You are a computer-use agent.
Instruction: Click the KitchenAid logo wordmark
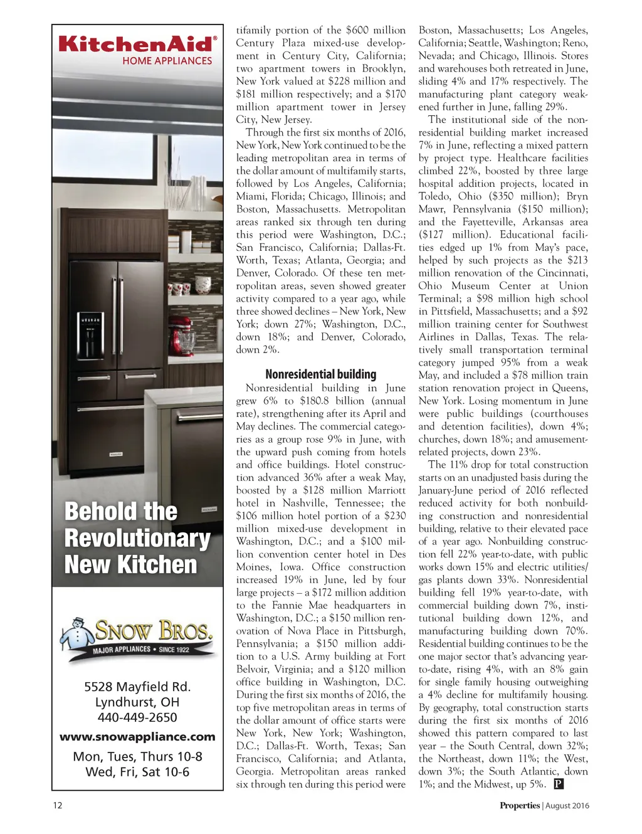pyautogui.click(x=137, y=44)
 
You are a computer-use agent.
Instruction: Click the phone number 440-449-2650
pyautogui.click(x=137, y=717)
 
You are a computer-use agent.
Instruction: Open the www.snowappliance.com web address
pyautogui.click(x=137, y=737)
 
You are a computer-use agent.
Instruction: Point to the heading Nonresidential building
pyautogui.click(x=320, y=374)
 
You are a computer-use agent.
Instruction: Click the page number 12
pyautogui.click(x=57, y=806)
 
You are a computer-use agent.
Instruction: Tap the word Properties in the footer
pyautogui.click(x=519, y=806)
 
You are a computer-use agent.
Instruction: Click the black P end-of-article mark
pyautogui.click(x=559, y=784)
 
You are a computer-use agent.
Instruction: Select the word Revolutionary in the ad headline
pyautogui.click(x=137, y=538)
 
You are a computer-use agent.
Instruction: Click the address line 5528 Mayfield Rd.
pyautogui.click(x=137, y=687)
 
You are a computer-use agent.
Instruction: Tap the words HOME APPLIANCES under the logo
pyautogui.click(x=167, y=61)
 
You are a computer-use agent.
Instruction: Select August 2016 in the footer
pyautogui.click(x=567, y=806)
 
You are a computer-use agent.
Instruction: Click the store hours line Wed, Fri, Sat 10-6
pyautogui.click(x=137, y=772)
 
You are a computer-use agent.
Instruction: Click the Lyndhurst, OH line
pyautogui.click(x=137, y=702)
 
